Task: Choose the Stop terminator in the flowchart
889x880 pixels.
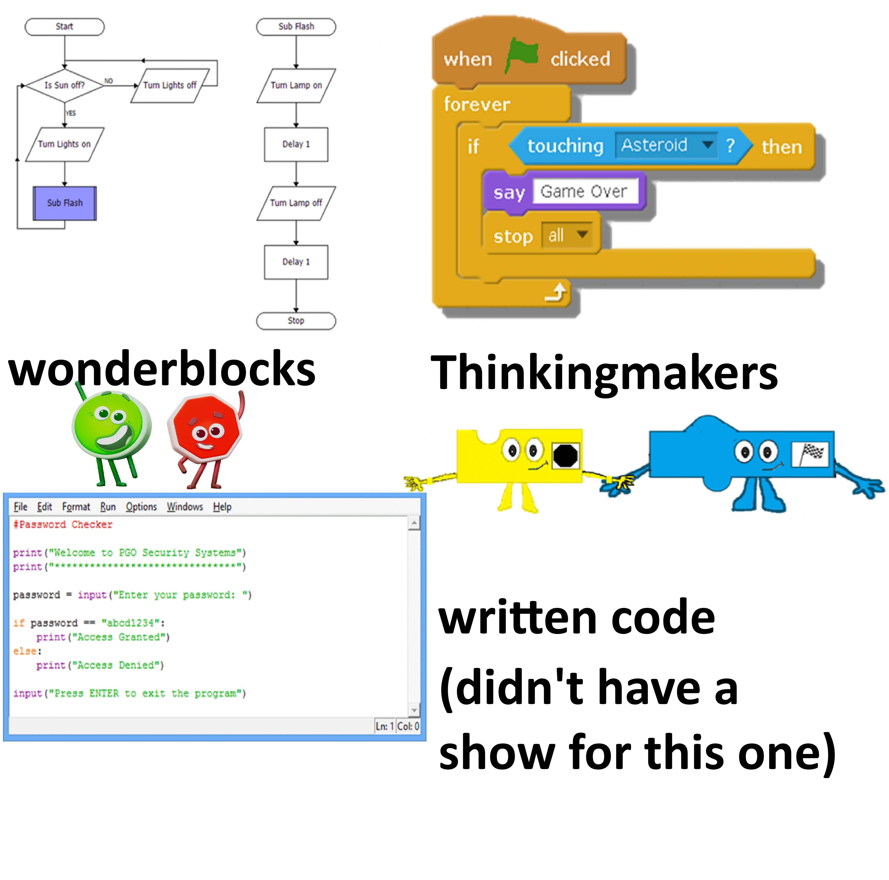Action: (x=296, y=321)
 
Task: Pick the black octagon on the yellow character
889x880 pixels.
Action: (x=565, y=456)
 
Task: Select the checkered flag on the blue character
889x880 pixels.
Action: (x=810, y=454)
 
